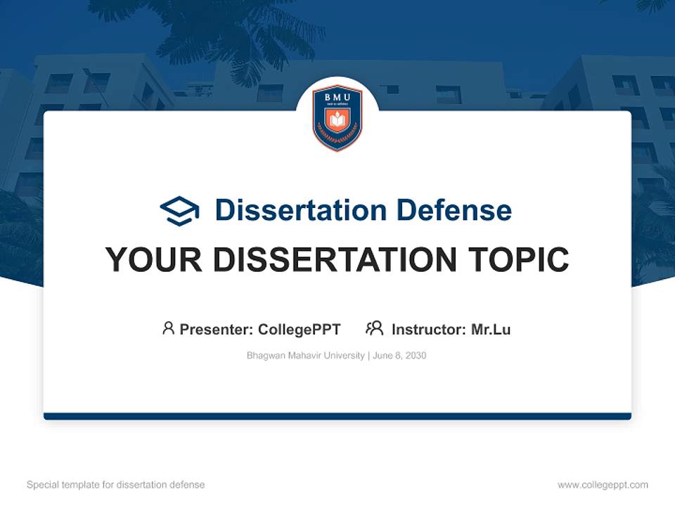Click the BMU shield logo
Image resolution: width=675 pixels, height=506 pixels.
(337, 117)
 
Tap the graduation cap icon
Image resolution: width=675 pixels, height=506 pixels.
(179, 210)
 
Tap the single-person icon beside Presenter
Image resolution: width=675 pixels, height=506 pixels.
(168, 328)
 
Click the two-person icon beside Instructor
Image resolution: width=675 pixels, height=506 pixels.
(374, 328)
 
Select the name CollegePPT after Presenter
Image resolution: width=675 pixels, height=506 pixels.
(300, 330)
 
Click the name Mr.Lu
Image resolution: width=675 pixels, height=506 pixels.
(491, 330)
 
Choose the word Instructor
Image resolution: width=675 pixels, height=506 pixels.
(428, 330)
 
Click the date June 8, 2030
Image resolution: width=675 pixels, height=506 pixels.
(399, 356)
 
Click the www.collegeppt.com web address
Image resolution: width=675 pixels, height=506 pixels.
(603, 485)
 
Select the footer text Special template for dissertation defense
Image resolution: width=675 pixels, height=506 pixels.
(116, 485)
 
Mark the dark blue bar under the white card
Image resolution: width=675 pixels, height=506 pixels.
(337, 416)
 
